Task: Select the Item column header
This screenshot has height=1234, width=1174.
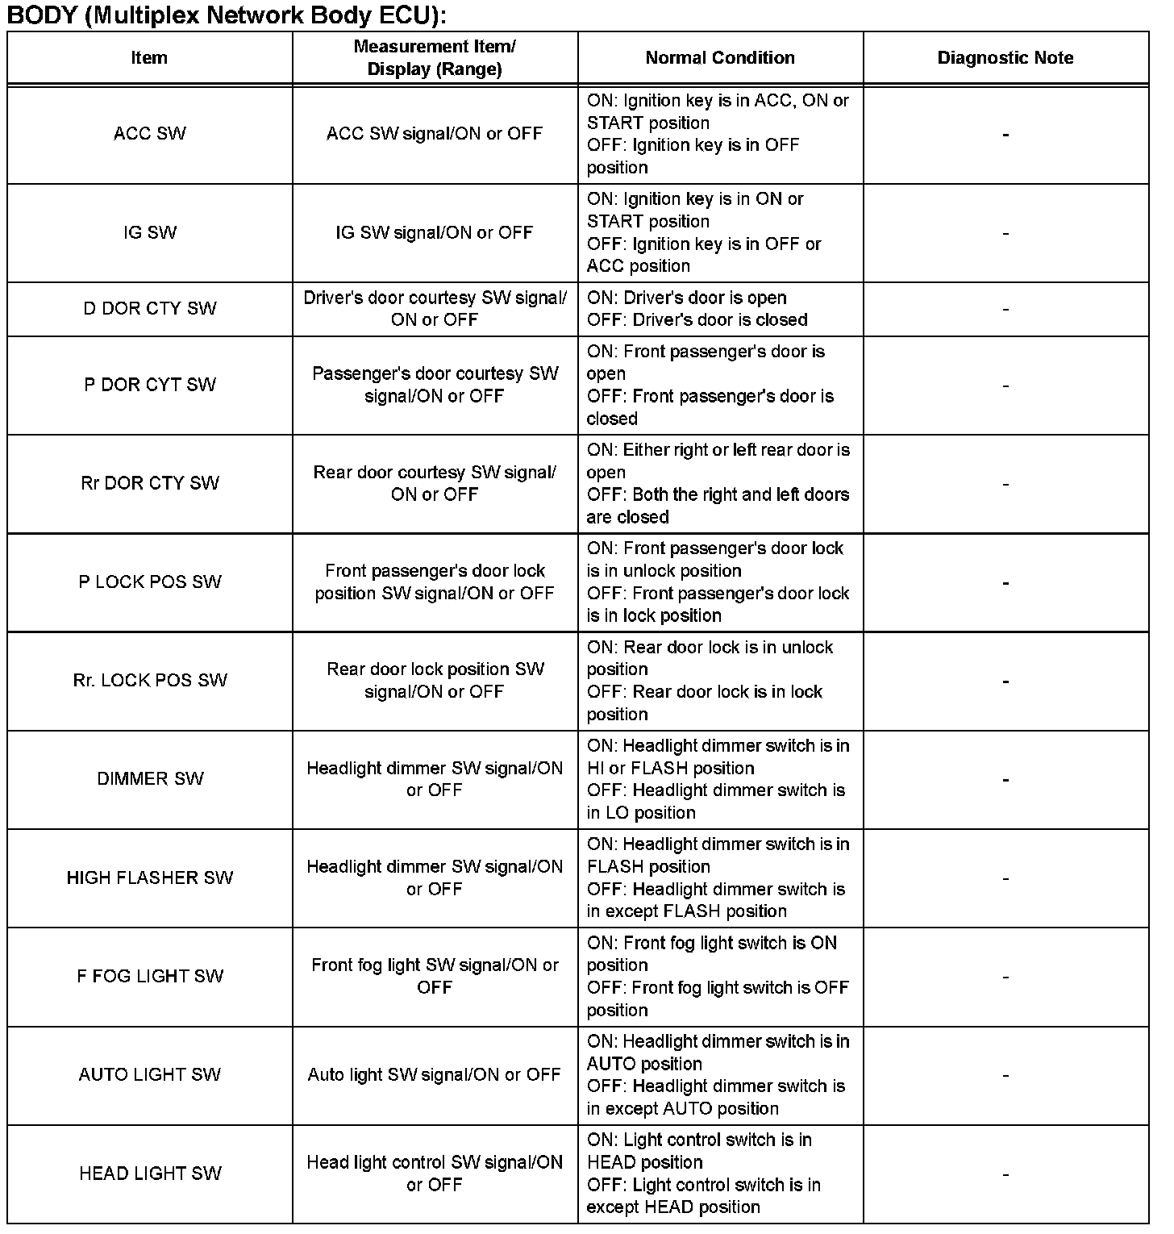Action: click(149, 58)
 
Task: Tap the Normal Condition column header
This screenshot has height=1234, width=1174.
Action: click(720, 58)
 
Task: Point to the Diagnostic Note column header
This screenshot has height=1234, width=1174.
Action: click(1005, 58)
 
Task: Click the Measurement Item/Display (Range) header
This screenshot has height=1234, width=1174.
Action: click(435, 58)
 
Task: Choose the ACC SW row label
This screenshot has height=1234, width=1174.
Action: click(150, 134)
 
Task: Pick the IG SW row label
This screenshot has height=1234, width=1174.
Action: click(150, 233)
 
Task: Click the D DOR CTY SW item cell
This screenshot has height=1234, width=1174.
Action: click(150, 309)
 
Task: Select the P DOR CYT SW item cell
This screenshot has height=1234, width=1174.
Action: click(150, 385)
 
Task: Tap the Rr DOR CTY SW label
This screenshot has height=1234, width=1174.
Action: click(150, 483)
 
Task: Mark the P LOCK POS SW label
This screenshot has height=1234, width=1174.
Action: click(150, 582)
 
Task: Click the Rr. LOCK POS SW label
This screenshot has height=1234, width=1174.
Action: click(150, 681)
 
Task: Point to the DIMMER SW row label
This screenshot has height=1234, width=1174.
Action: click(150, 779)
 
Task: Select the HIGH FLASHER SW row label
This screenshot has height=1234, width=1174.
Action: click(150, 878)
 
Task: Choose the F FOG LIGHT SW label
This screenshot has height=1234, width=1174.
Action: click(150, 977)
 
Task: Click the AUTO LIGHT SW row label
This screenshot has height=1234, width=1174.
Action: click(150, 1075)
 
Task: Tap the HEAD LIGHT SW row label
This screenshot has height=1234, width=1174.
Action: click(150, 1174)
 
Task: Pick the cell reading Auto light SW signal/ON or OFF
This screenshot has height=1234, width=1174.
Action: click(435, 1075)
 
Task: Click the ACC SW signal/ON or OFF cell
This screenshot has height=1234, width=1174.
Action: click(435, 134)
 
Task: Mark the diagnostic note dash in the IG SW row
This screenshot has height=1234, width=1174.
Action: click(1005, 234)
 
